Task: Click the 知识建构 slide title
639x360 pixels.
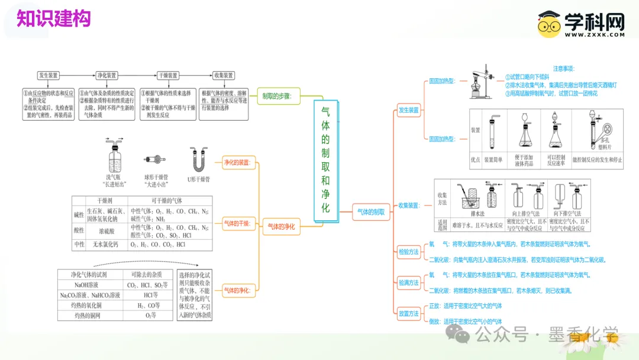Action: (53, 18)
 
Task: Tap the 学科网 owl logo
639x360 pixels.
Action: (550, 25)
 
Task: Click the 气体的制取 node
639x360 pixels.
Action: (371, 211)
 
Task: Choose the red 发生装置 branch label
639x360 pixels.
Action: (408, 110)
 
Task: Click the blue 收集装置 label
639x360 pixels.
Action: (408, 205)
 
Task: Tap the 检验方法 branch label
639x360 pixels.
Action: (408, 252)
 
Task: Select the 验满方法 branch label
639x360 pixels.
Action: (408, 283)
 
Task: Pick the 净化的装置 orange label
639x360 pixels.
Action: (237, 162)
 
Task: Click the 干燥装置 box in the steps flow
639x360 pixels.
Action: (167, 76)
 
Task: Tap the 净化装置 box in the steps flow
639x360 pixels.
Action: (106, 76)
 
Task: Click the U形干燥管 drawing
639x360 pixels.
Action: (199, 160)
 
